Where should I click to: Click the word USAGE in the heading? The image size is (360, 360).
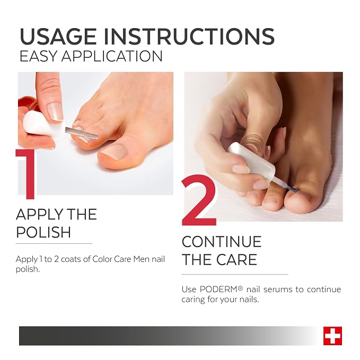[x=58, y=37]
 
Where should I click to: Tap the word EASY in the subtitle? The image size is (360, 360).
[x=38, y=56]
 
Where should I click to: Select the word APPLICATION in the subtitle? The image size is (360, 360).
[x=112, y=56]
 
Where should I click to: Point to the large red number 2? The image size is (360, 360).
[x=199, y=200]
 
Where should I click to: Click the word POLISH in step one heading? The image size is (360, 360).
[x=43, y=232]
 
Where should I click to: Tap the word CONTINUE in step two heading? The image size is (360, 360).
[x=222, y=242]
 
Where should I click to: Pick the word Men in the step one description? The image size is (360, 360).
[x=141, y=259]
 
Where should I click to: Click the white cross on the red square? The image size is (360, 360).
[x=332, y=336]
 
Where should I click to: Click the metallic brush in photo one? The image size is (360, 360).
[x=82, y=133]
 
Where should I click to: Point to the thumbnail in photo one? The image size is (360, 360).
[x=55, y=112]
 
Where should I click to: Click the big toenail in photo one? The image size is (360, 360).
[x=114, y=152]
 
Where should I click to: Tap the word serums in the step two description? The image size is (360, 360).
[x=277, y=289]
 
